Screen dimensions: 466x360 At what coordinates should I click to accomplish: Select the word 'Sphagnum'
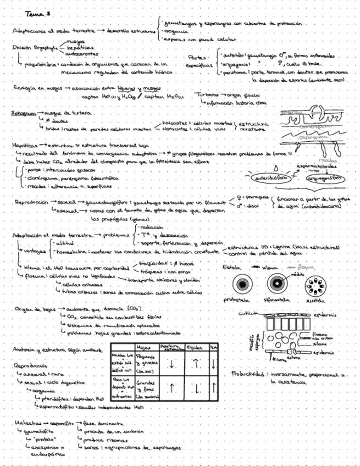(23, 113)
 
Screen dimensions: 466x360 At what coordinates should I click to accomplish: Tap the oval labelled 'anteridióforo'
(269, 178)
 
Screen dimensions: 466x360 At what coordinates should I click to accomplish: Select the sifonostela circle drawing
(278, 284)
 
